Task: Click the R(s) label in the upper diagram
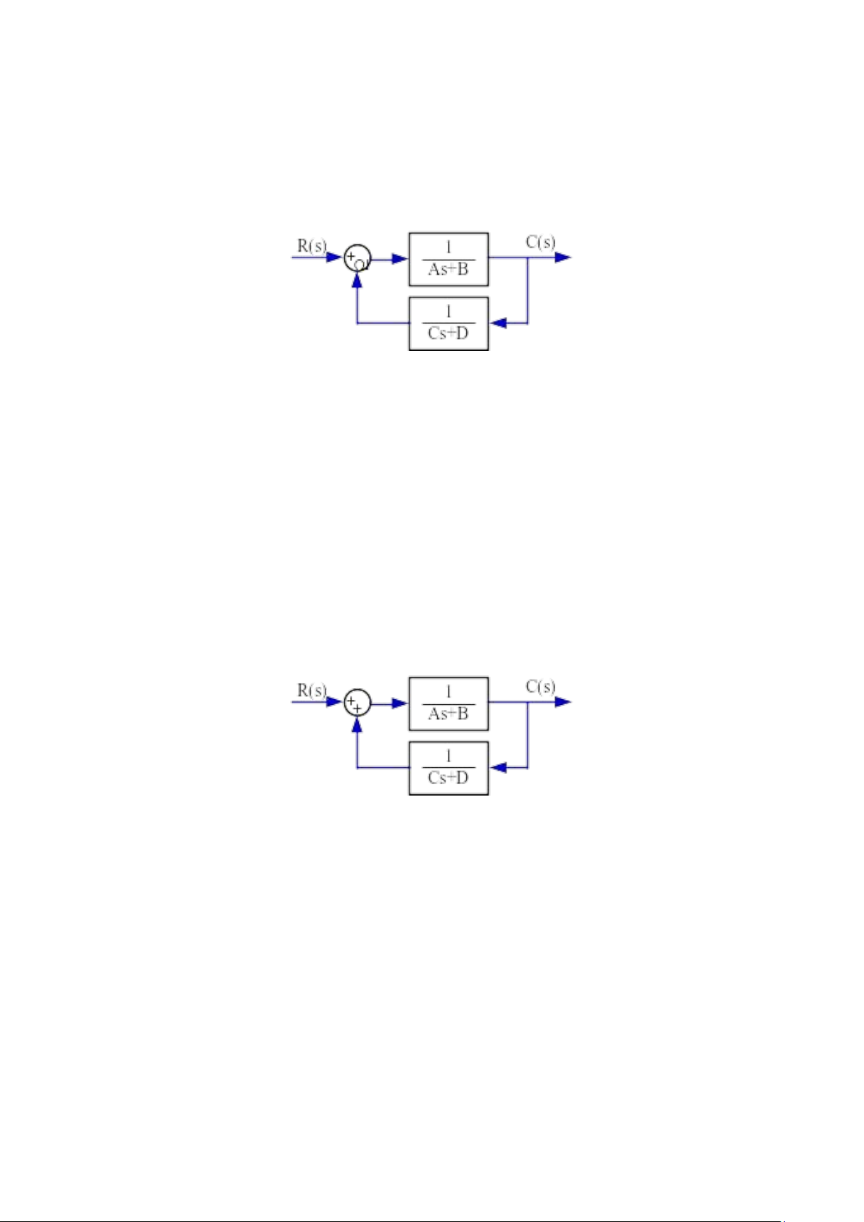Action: coord(312,246)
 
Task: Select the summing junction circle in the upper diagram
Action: coord(357,257)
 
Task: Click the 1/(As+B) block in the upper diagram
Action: coord(449,259)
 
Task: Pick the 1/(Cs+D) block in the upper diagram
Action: coord(449,323)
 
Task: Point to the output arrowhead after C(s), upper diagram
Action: coord(563,257)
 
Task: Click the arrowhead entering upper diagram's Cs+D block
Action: coord(498,323)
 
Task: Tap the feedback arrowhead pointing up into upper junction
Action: coord(357,279)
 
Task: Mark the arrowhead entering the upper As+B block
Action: coord(400,259)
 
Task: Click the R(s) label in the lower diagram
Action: coord(312,690)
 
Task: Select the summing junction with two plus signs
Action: coord(357,702)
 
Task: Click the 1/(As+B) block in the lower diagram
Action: coord(449,703)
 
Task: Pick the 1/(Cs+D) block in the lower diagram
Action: coord(449,768)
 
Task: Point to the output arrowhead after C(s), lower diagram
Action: coord(563,702)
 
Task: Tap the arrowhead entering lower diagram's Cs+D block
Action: coord(498,768)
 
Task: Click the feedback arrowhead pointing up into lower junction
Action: coord(357,724)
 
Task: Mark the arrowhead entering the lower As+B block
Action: coord(400,703)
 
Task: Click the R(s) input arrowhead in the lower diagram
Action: coord(334,702)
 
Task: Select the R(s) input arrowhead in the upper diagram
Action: coord(334,257)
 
